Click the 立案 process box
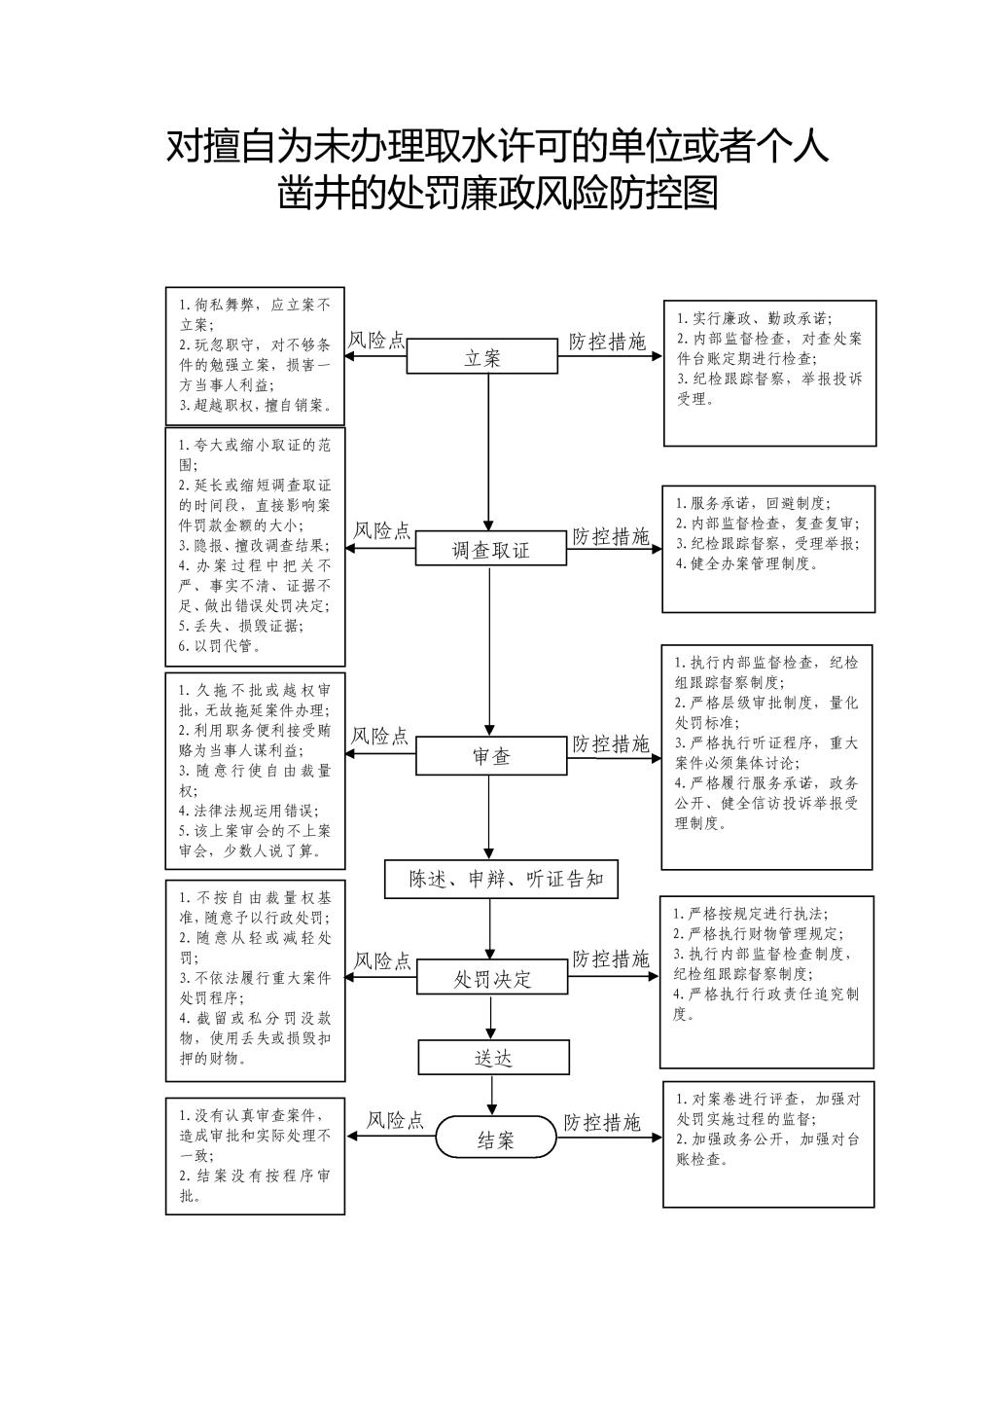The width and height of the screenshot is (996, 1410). (x=482, y=356)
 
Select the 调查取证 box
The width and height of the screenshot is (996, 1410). (x=491, y=548)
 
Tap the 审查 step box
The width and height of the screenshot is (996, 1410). (x=491, y=755)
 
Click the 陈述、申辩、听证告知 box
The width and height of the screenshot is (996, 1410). (x=502, y=879)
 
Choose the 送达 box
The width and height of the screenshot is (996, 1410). (x=494, y=1057)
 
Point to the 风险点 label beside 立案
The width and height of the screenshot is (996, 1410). (x=376, y=341)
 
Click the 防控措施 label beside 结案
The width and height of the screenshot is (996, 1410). (x=602, y=1122)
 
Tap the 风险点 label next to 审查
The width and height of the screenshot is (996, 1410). (x=379, y=736)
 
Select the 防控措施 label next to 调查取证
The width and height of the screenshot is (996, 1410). (x=610, y=536)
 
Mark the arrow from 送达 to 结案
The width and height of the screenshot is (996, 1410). (x=492, y=1096)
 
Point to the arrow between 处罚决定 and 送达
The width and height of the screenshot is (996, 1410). (x=491, y=1017)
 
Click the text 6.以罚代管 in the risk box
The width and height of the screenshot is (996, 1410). (x=219, y=646)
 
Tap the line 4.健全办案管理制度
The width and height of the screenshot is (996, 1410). (x=747, y=563)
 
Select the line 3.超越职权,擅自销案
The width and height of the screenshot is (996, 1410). (x=255, y=405)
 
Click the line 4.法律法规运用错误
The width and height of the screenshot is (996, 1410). (x=249, y=811)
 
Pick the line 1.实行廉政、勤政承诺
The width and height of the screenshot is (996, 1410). (x=754, y=318)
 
